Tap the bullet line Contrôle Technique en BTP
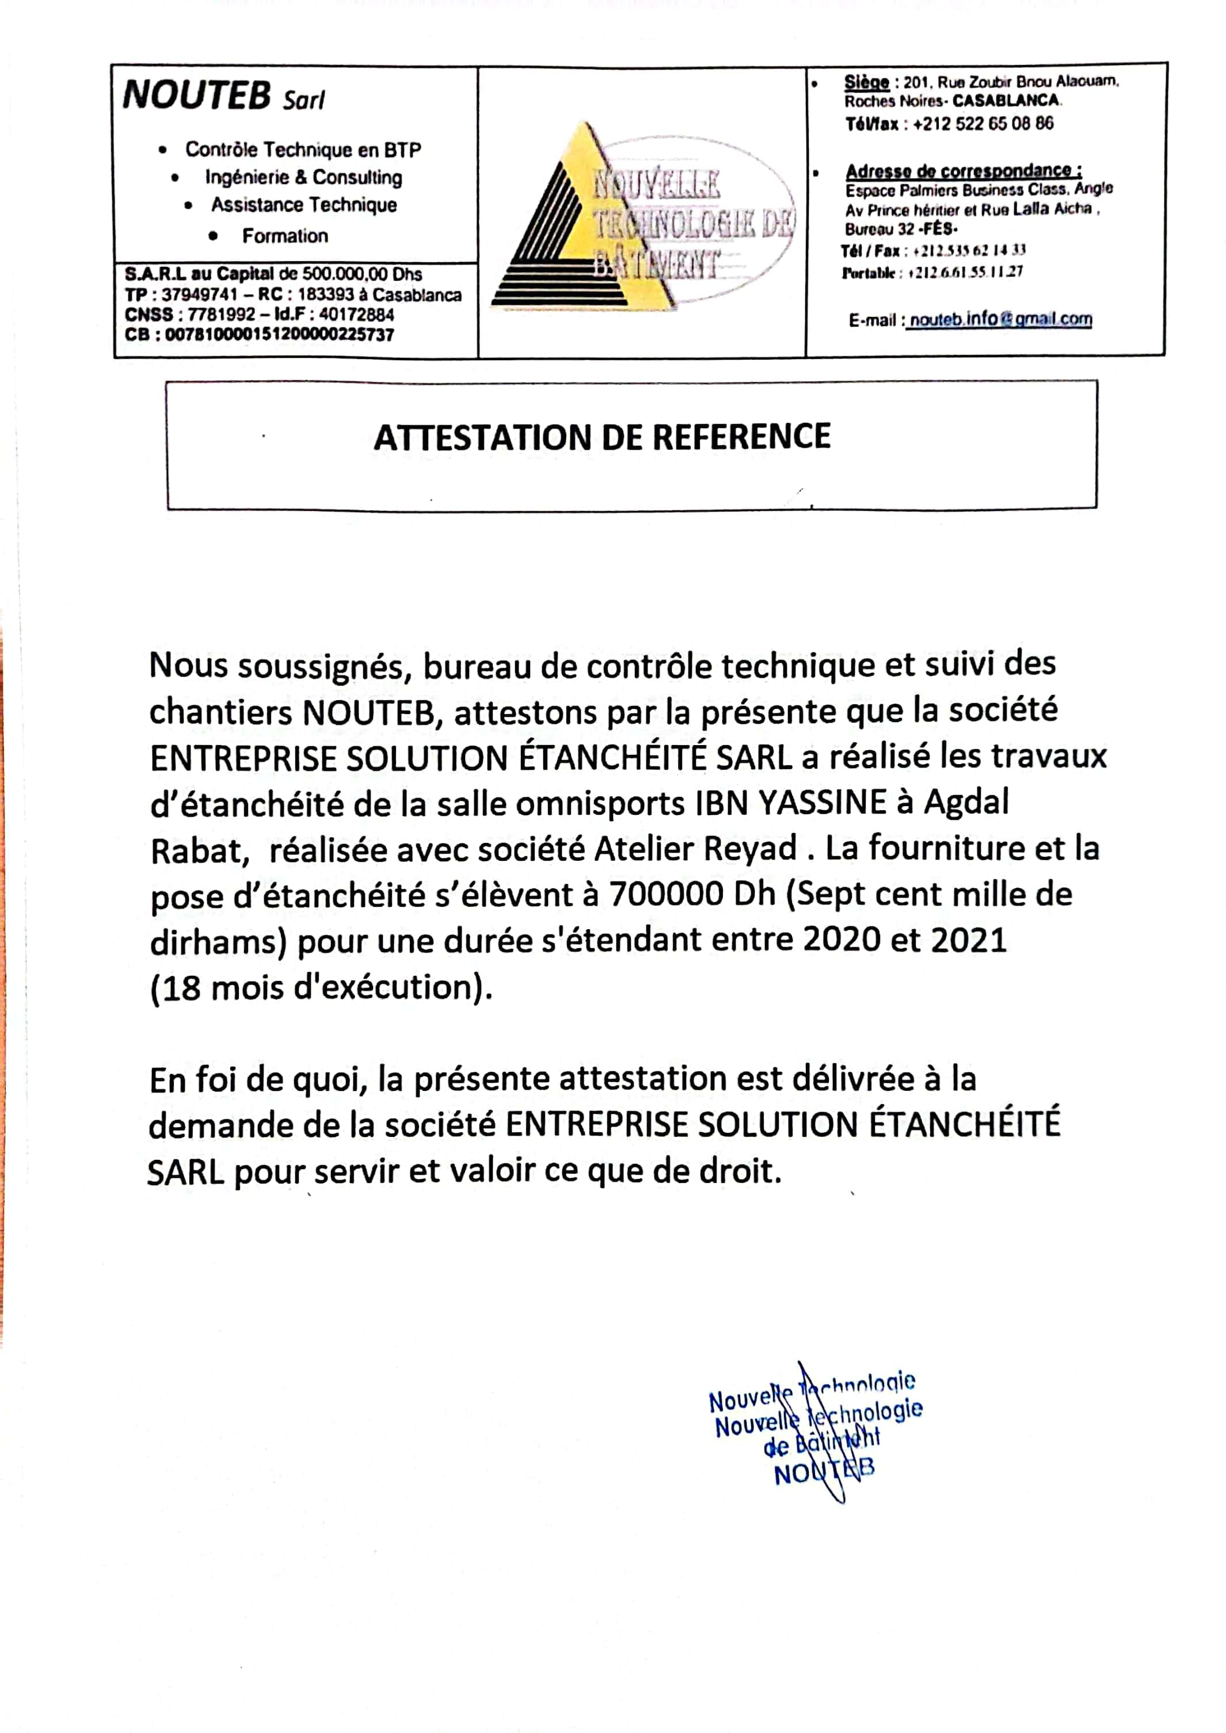coord(303,150)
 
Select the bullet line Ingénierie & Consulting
coord(303,177)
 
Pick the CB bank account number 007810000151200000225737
coord(279,334)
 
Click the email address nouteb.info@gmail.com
coord(1000,320)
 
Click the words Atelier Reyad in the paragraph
coord(695,849)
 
